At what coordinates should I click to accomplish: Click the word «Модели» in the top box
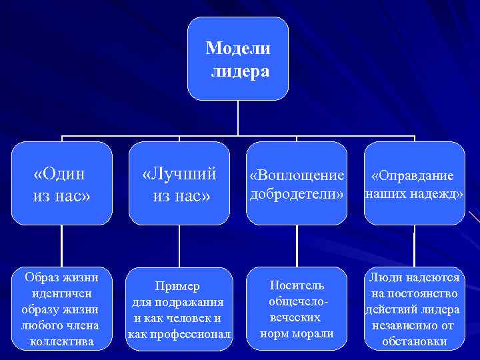tap(238, 48)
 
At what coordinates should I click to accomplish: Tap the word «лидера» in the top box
tap(240, 71)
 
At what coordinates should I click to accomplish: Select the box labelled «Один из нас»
tap(61, 183)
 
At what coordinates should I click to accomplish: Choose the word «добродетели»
tap(297, 195)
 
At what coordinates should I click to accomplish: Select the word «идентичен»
tap(61, 293)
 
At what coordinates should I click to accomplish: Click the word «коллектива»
tap(61, 342)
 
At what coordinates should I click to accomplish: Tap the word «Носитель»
tap(297, 285)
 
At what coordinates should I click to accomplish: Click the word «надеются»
tap(433, 277)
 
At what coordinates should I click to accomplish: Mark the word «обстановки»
tap(414, 342)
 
